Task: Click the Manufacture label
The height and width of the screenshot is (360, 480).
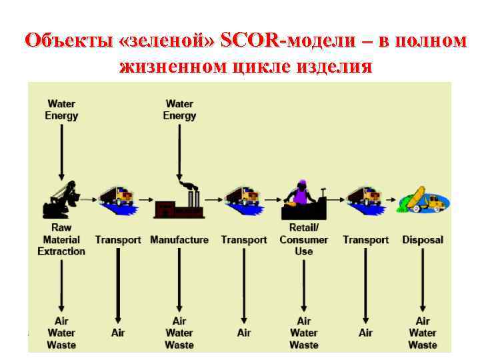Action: [179, 240]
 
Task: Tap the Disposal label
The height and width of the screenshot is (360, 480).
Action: [422, 240]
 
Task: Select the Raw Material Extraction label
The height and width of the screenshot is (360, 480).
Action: [61, 240]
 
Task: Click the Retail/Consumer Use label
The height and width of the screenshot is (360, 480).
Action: [304, 240]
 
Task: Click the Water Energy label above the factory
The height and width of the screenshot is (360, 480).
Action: [179, 110]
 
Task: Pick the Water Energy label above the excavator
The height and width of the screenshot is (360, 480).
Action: [61, 110]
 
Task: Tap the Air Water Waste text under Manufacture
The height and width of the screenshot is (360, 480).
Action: [179, 333]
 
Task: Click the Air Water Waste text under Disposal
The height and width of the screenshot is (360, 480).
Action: [423, 333]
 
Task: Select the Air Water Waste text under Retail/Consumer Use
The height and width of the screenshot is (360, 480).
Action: [304, 333]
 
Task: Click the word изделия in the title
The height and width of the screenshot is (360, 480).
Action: [336, 67]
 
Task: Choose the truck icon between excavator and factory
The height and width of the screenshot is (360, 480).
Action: [117, 199]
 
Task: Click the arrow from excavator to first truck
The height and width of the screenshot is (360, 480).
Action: [89, 198]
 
